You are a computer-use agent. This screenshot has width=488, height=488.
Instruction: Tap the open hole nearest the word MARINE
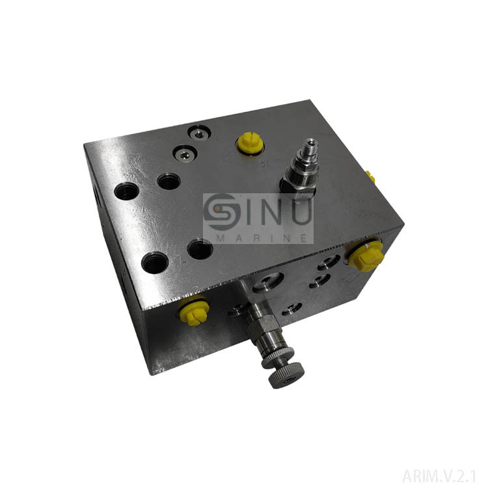200,248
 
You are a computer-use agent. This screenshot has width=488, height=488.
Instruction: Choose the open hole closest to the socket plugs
169,182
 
